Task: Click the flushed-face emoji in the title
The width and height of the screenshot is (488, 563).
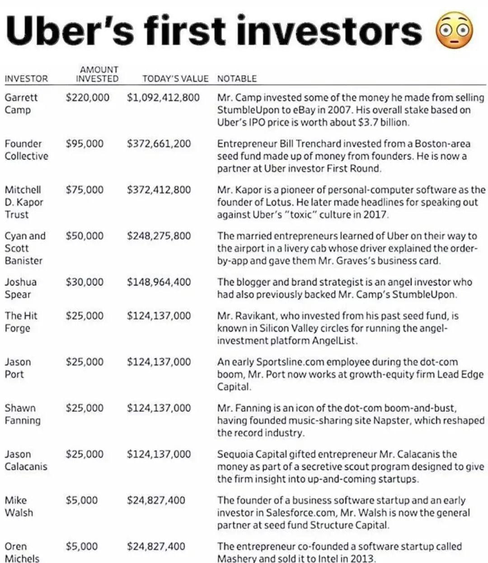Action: [x=454, y=30]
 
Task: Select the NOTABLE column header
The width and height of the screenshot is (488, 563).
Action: [x=237, y=79]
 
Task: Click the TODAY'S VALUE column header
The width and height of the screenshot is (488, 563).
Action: [x=175, y=79]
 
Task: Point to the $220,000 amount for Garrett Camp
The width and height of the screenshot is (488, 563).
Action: [x=87, y=98]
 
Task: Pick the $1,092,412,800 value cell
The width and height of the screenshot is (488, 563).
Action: [x=163, y=98]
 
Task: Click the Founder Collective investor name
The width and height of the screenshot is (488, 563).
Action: [x=26, y=150]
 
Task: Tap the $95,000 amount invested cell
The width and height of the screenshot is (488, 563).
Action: [x=84, y=144]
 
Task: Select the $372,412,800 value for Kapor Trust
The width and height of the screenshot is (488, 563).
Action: [x=159, y=190]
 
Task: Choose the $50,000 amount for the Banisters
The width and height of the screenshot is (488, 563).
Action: [x=84, y=236]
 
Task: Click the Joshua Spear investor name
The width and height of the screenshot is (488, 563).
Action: [x=20, y=288]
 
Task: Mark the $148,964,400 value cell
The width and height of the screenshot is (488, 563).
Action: [x=159, y=282]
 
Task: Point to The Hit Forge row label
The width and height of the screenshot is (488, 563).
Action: [x=21, y=322]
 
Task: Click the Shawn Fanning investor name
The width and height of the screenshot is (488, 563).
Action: [x=22, y=414]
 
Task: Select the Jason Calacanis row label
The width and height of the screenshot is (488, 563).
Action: [x=25, y=460]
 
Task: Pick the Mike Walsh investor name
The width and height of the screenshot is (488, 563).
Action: [x=19, y=506]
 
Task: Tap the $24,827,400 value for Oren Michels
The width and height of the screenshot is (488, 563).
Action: [x=156, y=546]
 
